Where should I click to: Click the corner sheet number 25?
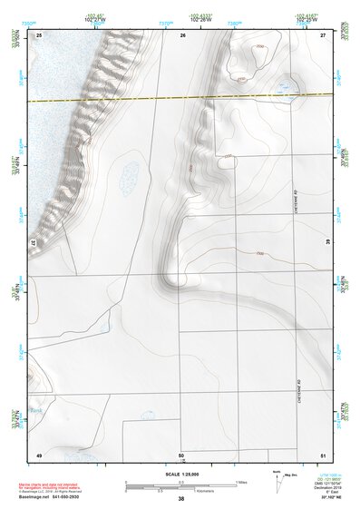coord(39,34)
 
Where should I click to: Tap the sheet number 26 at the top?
coord(182,34)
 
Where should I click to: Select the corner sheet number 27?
coord(323,34)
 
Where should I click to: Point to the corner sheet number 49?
coord(39,454)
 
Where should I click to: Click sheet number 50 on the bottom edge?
coord(181,454)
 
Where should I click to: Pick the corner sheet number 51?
coord(323,454)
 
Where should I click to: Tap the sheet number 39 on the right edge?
coord(326,241)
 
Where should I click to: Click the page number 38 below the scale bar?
coord(181,499)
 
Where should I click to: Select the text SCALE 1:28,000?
coord(180,474)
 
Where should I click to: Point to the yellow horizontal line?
coord(181,97)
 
